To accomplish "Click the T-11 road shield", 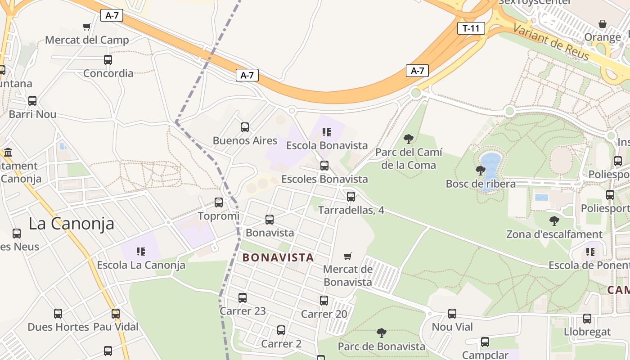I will click(471, 28).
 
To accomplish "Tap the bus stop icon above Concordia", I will click(108, 59).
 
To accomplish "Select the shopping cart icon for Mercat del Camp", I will click(87, 27).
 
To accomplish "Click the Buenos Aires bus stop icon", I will click(245, 127).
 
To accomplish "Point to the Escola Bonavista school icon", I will click(327, 132).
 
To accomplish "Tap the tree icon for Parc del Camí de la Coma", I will click(409, 139).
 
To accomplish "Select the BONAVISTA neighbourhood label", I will click(278, 257).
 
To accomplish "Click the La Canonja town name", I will click(71, 224).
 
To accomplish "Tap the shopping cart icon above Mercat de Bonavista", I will click(347, 256).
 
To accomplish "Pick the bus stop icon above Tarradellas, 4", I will click(351, 197).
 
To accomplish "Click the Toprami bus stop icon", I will click(219, 202).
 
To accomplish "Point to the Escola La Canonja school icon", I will click(141, 251).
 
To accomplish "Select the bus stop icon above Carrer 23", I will click(243, 298).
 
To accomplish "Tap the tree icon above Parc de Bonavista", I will click(382, 333).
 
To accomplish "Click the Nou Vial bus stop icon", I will click(452, 314).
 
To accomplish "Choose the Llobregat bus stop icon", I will click(587, 319).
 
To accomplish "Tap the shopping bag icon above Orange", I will click(603, 24).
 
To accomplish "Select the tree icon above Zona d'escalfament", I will click(554, 220).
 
